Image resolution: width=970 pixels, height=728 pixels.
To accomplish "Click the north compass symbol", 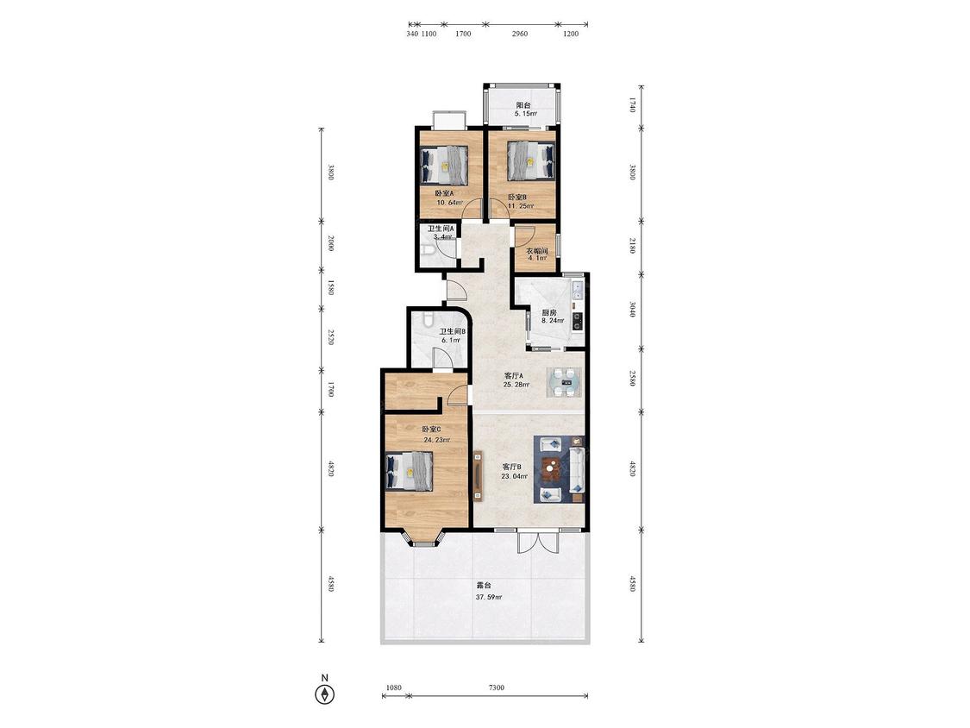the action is [324, 694].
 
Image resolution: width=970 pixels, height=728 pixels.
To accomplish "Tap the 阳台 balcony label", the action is [523, 105].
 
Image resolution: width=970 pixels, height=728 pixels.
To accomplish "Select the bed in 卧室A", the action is [444, 165].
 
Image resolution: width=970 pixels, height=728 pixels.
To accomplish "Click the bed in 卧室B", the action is [531, 160].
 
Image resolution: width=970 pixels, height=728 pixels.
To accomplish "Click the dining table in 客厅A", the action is [564, 382].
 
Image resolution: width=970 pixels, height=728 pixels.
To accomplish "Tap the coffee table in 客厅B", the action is [551, 469].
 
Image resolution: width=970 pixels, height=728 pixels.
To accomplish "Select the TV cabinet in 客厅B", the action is [478, 474].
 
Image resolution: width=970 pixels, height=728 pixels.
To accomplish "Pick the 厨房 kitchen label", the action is [549, 312].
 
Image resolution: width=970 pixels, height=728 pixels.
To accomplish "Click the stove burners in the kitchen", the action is [577, 320].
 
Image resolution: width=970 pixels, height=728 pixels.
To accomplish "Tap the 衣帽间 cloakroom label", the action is [537, 251].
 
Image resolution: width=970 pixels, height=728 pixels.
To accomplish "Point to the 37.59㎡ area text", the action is [489, 598].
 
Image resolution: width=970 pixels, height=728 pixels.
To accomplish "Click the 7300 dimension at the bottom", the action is [496, 687].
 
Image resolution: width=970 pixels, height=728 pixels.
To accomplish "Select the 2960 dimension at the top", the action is [520, 34].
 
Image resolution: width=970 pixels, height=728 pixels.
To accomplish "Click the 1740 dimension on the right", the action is [632, 104].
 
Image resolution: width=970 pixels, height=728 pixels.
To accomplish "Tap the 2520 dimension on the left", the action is [331, 337].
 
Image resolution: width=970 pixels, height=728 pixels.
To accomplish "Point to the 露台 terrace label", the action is [484, 585].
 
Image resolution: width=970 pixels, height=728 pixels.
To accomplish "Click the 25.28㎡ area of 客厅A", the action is [516, 385].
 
